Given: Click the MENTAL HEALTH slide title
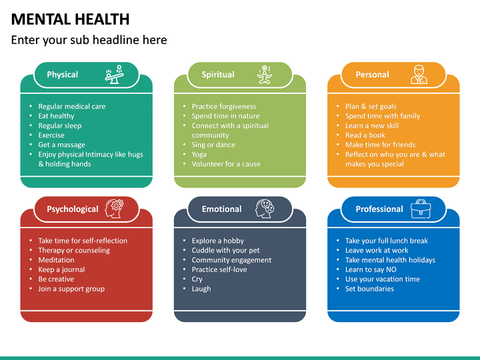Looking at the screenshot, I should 70,19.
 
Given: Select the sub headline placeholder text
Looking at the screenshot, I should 89,40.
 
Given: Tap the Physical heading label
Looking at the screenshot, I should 62,75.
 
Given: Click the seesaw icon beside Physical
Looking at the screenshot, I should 114,74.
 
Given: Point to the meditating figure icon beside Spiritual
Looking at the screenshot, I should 265,74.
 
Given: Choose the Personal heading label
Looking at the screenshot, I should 372,75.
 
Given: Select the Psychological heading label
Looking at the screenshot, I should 73,209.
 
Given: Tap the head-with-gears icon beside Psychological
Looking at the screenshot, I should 114,208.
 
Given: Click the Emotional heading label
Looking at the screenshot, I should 221,209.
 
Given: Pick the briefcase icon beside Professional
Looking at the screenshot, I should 421,208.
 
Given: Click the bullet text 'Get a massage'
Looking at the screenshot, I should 61,145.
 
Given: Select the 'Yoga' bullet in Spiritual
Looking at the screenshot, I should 199,154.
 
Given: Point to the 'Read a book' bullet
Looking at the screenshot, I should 365,135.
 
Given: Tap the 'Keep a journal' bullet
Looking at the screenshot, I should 61,269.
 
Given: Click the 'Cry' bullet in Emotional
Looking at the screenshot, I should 197,279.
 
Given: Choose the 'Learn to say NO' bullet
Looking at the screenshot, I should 371,269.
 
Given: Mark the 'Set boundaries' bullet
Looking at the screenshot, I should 369,289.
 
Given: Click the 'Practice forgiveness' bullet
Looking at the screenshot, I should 224,106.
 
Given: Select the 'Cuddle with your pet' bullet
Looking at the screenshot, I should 225,250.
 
